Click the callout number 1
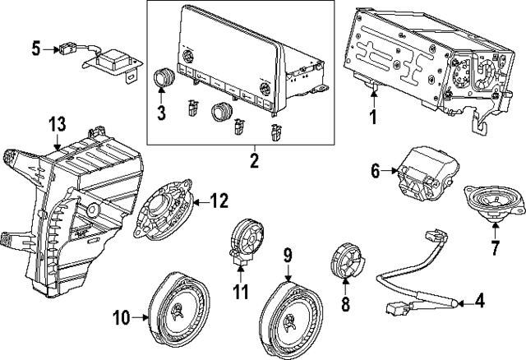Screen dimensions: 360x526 pos(371,117)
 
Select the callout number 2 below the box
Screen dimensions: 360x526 pos(254,159)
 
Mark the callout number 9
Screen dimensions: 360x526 pos(288,256)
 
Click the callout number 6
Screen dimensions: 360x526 pos(376,171)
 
